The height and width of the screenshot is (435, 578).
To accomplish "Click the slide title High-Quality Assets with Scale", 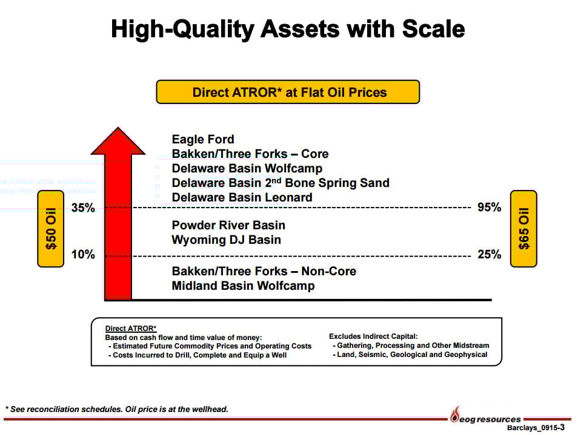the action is [x=288, y=29].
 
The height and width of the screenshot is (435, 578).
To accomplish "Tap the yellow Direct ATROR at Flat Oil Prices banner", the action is [x=288, y=92].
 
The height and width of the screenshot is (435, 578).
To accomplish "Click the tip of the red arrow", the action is [x=118, y=127].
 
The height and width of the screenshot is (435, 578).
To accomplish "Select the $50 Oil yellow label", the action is [x=51, y=229].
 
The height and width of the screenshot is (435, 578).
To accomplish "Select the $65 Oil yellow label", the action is [x=523, y=229].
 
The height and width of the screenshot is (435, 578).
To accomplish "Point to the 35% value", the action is [x=83, y=208].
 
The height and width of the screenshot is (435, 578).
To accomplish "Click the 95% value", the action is [x=489, y=207].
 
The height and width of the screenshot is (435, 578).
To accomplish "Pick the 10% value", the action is [x=83, y=254].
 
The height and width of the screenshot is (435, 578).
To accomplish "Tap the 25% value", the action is [x=489, y=254].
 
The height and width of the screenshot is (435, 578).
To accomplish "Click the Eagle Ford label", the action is [x=203, y=140].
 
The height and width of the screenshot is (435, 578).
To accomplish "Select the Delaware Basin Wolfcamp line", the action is [x=247, y=169].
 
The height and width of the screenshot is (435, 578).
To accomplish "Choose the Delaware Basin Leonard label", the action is [x=242, y=198].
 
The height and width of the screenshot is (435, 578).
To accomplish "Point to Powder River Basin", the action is [x=228, y=225].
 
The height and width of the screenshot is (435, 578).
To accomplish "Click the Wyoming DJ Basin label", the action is [x=227, y=240].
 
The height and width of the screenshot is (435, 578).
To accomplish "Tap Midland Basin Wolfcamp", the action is [x=244, y=286].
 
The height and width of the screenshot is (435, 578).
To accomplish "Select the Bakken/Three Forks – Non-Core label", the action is [x=264, y=272].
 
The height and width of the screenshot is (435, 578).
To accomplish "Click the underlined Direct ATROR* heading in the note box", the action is [x=131, y=329].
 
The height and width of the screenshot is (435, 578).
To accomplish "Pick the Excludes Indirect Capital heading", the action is [x=373, y=336].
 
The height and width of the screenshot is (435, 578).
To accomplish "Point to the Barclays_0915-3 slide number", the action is [x=536, y=428].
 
